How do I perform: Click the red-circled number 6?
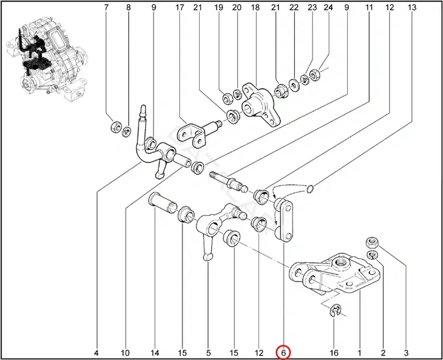point(284,353)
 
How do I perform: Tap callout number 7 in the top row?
point(106,7)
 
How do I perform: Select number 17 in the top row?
point(179,7)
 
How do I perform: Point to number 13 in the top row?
point(412,7)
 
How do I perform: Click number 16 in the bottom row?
point(334,353)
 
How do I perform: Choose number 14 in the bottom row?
point(155,353)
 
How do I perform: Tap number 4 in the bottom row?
point(96,353)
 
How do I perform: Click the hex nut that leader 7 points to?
point(116,127)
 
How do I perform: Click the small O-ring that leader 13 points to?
point(310,188)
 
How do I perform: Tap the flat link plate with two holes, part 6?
point(284,220)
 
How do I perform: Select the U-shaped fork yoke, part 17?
point(195,133)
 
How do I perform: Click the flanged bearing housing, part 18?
point(260,104)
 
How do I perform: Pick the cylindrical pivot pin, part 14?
point(162,203)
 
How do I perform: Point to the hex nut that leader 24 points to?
point(314,74)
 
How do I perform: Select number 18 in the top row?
point(255,7)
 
